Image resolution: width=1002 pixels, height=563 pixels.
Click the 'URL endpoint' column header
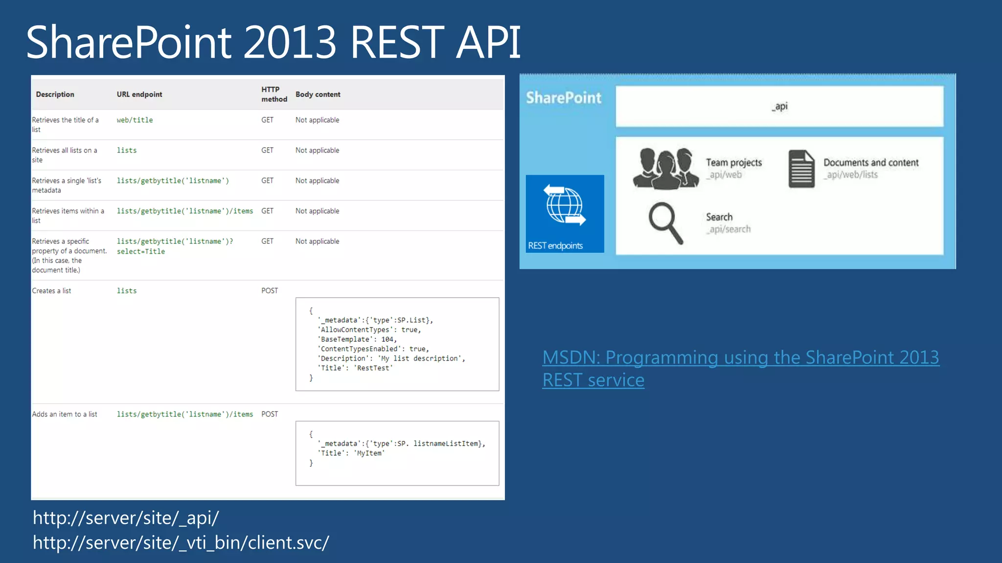coord(139,94)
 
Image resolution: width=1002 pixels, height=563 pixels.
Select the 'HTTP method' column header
coord(273,94)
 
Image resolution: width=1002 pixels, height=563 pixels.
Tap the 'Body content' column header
coord(318,94)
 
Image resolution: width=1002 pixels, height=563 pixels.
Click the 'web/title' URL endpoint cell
coord(135,120)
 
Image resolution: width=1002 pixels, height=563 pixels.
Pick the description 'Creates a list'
coord(51,291)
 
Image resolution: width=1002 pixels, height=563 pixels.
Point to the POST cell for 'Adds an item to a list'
coord(270,414)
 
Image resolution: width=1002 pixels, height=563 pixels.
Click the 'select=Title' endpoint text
coord(141,252)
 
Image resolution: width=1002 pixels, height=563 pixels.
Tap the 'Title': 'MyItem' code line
coord(353,454)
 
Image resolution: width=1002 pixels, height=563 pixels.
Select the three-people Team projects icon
coord(666,169)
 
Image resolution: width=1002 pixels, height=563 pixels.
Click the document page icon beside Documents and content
coord(801,169)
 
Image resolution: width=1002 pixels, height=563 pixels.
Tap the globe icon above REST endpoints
coord(565,205)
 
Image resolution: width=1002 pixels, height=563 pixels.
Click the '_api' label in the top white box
coord(780,107)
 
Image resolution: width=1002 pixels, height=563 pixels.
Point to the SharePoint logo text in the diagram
coord(564,98)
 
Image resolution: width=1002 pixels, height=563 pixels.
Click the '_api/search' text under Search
coord(729,230)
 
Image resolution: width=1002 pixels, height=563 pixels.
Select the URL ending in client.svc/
coord(181,543)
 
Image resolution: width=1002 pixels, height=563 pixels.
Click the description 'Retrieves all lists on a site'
coord(65,155)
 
